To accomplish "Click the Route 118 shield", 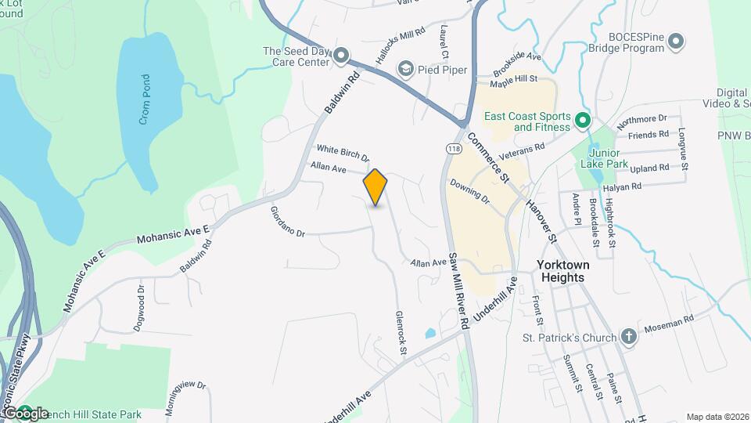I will click(453, 147).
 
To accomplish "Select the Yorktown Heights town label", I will click(563, 271).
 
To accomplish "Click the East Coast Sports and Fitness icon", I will click(582, 121).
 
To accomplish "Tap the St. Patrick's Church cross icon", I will click(628, 338).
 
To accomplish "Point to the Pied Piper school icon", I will click(405, 70).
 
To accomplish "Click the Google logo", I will click(25, 414).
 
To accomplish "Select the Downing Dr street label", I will click(469, 192).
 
